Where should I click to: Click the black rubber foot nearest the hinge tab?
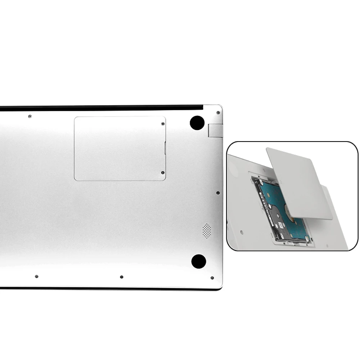point(197,123)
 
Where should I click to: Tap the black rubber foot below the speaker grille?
point(198,261)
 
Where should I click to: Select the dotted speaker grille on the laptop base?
point(206,231)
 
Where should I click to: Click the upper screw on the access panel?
point(163,124)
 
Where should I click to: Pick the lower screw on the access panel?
point(163,173)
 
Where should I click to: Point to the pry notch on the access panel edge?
point(165,148)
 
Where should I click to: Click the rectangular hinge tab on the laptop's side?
point(215,130)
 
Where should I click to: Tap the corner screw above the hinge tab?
point(218,113)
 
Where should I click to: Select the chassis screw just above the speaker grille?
point(218,193)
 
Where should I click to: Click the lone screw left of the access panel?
point(30,116)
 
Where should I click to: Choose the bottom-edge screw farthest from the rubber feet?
point(36,276)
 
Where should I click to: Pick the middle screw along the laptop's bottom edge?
point(122,277)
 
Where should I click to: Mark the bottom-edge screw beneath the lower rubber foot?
point(212,278)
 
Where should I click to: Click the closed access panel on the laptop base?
point(120,148)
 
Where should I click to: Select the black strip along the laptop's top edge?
point(101,107)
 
